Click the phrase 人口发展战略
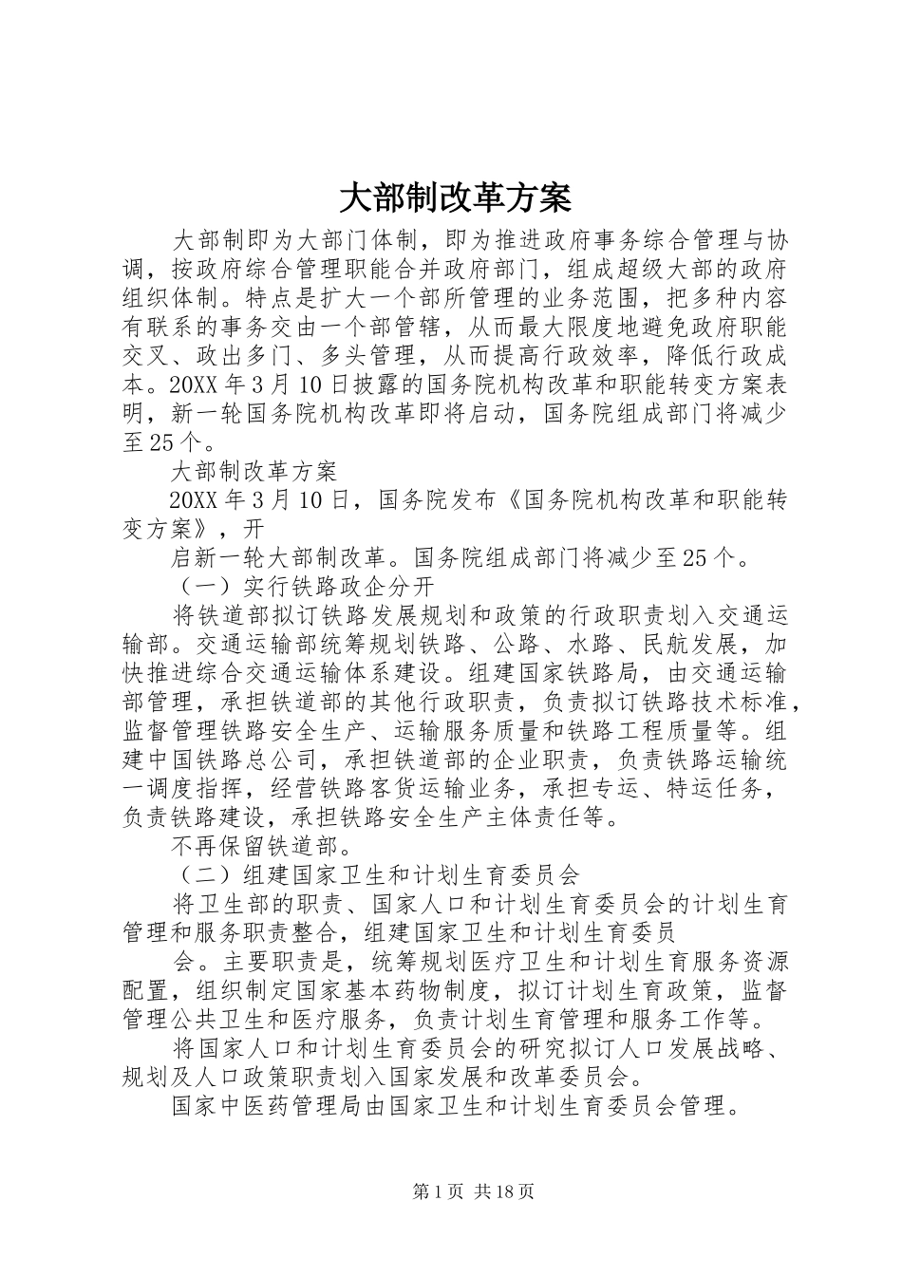(x=685, y=1047)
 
